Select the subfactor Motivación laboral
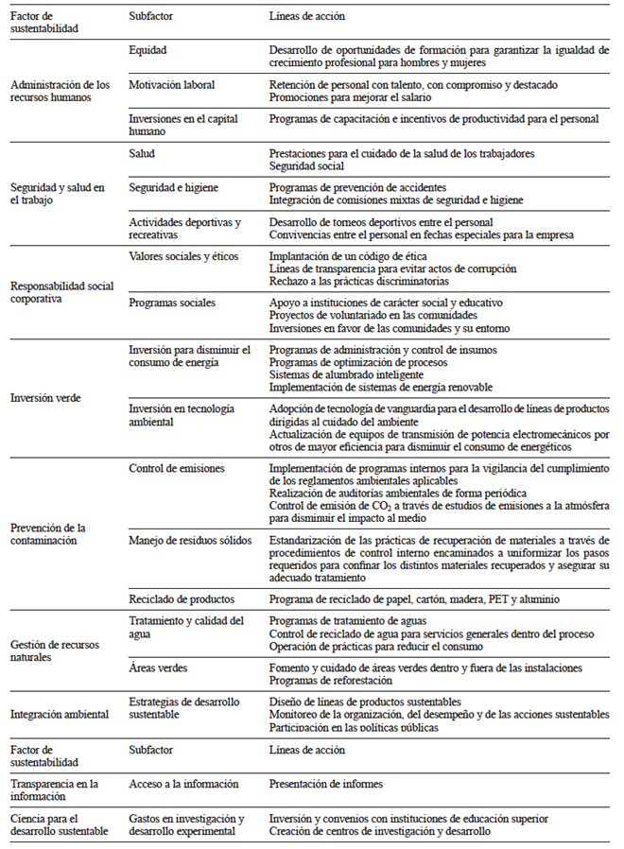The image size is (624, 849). (171, 84)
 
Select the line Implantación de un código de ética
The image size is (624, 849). (348, 256)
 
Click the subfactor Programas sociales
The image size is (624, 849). (170, 303)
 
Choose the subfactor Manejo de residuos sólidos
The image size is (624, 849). (184, 540)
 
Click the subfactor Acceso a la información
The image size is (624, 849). (183, 784)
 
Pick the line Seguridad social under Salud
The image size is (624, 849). (306, 166)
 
